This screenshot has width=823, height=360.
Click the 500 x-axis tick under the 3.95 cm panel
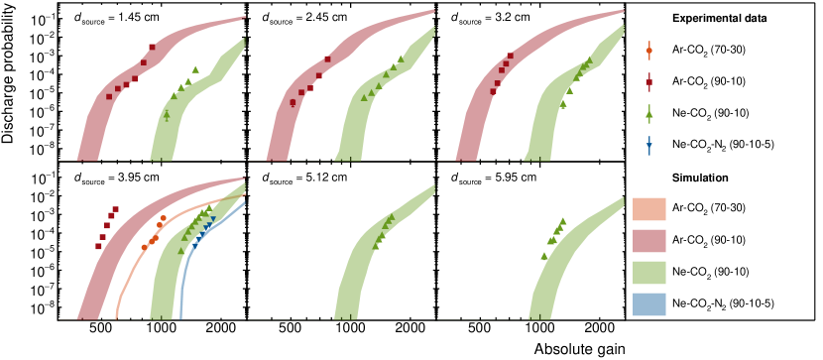[x=98, y=327]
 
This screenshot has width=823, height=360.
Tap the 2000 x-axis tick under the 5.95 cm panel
[x=597, y=327]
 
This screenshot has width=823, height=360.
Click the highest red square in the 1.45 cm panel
[x=153, y=48]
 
